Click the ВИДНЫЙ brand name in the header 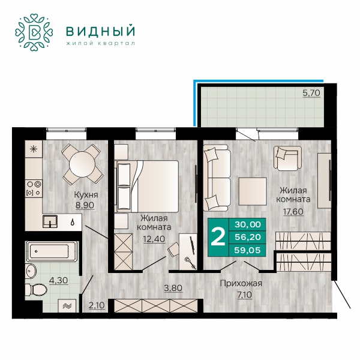click(100, 31)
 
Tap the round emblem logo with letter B click(34, 32)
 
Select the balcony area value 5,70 click(311, 93)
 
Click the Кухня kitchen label click(86, 195)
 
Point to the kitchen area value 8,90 click(85, 205)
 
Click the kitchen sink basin click(50, 221)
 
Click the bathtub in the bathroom click(52, 251)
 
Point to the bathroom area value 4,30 click(59, 280)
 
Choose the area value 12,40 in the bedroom click(154, 239)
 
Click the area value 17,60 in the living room click(293, 211)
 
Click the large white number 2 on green click(218, 237)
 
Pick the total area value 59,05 click(247, 250)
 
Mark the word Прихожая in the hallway click(241, 283)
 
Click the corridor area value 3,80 click(173, 287)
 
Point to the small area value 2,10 click(97, 305)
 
